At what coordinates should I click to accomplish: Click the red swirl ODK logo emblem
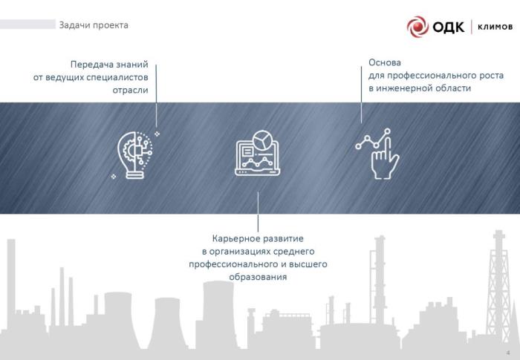click(x=417, y=27)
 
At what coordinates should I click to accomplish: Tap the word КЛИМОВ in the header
click(x=495, y=27)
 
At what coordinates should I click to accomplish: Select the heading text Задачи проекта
click(x=94, y=25)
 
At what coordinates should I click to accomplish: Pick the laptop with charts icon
click(x=258, y=153)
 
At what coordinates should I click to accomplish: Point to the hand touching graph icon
click(x=377, y=154)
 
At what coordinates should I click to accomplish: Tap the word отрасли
click(x=130, y=91)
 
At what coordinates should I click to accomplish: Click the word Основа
click(x=385, y=62)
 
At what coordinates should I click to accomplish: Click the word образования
click(x=258, y=277)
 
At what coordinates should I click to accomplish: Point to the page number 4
click(x=508, y=353)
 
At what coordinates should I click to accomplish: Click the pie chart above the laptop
click(x=262, y=140)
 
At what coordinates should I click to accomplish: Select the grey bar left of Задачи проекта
click(x=28, y=24)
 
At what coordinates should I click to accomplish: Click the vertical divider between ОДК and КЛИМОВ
click(x=472, y=27)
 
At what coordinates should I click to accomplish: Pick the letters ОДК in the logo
click(x=449, y=27)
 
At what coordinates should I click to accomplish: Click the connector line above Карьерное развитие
click(x=258, y=212)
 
